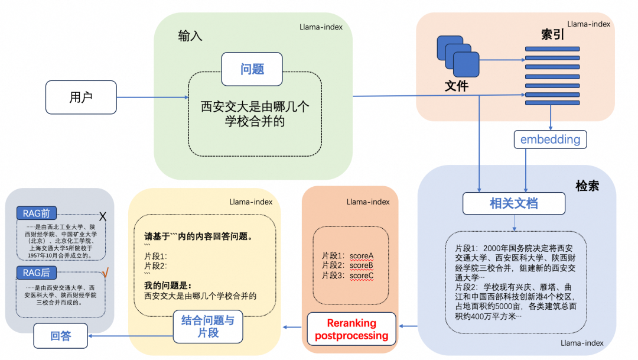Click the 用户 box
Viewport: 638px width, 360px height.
tap(81, 97)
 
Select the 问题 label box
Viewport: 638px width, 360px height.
tap(252, 69)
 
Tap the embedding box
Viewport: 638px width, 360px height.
tap(550, 140)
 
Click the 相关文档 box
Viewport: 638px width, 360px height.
tap(513, 203)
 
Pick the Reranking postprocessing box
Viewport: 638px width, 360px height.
tap(351, 329)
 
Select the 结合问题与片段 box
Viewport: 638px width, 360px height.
tap(207, 326)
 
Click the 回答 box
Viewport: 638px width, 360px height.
tap(60, 335)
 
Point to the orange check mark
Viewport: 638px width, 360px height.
tap(105, 273)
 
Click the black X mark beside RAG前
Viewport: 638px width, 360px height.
tap(102, 216)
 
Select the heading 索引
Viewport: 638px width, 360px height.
tap(552, 34)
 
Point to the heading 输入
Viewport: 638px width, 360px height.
tap(190, 36)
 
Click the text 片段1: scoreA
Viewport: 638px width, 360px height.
tap(347, 255)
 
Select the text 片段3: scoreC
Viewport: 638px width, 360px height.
tap(347, 275)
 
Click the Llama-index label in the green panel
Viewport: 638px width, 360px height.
tap(321, 27)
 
